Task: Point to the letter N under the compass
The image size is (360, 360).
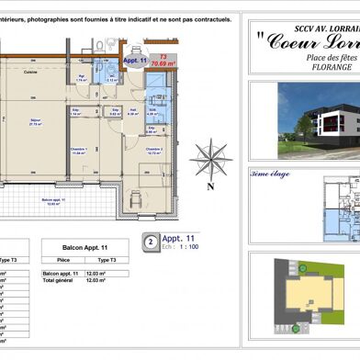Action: coord(210,186)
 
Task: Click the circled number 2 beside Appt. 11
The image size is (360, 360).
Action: coord(149,242)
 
